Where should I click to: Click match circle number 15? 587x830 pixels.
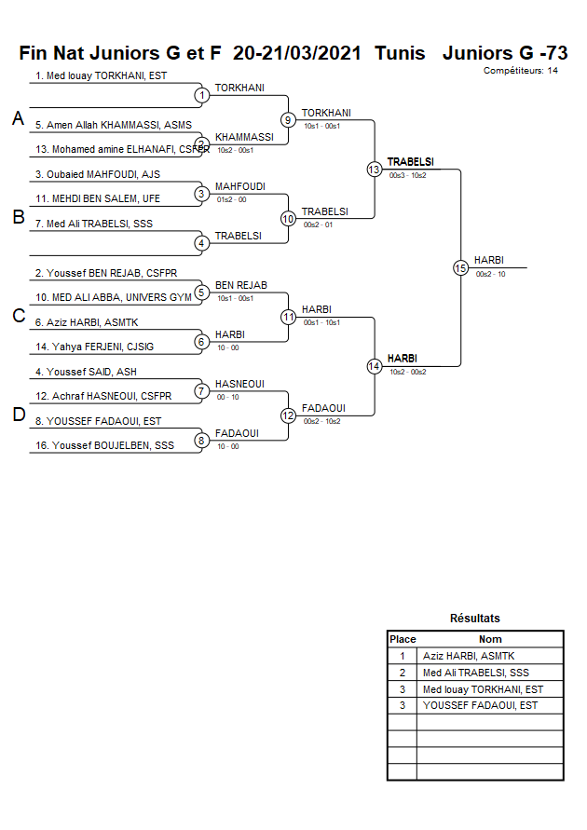coord(460,267)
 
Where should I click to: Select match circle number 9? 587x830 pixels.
coord(288,120)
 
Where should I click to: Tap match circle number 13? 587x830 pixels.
coord(374,170)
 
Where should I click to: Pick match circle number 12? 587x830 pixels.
coord(288,415)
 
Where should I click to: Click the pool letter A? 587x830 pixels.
coord(18,118)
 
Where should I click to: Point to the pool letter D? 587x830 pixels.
coord(18,415)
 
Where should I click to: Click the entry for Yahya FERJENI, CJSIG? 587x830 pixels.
coord(102,347)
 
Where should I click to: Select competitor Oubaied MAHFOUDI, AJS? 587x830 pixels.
coord(98,174)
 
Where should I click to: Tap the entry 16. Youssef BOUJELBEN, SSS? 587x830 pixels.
coord(104,445)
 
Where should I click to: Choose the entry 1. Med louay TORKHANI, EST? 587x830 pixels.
coord(101,75)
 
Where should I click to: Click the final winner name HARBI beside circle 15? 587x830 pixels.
coord(489,260)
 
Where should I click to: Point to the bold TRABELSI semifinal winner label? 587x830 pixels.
coord(410,162)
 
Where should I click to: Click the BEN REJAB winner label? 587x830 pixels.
coord(240,285)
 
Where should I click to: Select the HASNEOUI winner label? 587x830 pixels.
coord(239,384)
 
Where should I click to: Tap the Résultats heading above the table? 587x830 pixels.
coord(474,619)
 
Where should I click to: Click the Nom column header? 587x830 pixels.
coord(490,640)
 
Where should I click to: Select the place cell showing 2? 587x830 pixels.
coord(402,673)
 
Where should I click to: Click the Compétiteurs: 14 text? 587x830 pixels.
coord(521,71)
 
